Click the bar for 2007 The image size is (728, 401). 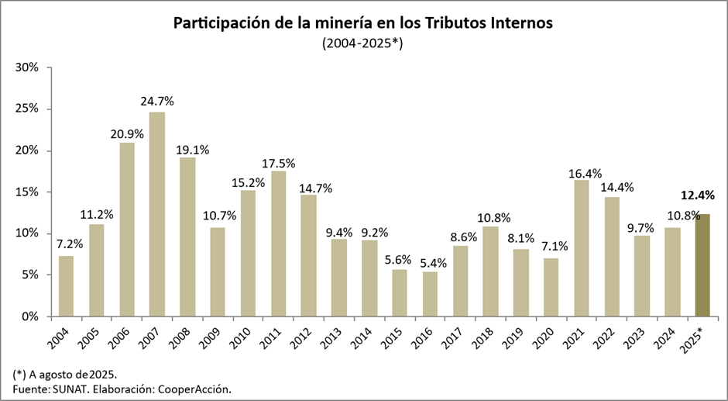click(157, 214)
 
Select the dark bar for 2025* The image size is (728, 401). click(702, 264)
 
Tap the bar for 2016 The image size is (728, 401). click(430, 294)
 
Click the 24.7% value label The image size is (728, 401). click(157, 101)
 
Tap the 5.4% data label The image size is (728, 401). click(430, 261)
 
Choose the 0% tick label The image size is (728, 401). click(32, 316)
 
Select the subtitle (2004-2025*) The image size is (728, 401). click(363, 44)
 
